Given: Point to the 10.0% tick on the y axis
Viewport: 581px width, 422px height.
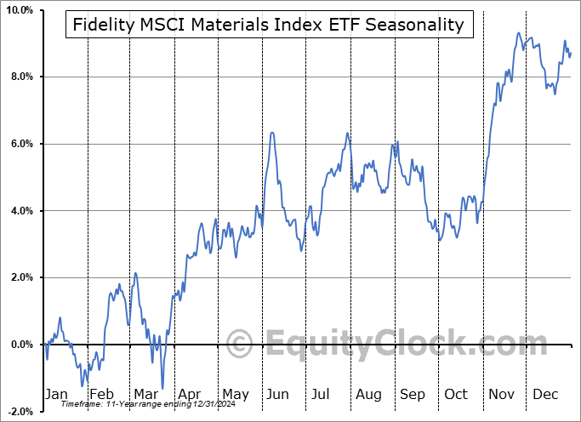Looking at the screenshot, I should (x=18, y=10).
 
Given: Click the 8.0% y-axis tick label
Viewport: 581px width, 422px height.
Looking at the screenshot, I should (x=20, y=77).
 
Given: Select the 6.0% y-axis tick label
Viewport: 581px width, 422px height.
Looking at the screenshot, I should (x=20, y=144).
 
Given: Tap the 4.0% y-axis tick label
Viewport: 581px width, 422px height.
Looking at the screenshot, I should (x=20, y=211).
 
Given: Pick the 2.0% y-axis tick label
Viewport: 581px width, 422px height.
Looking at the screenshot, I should (x=20, y=277).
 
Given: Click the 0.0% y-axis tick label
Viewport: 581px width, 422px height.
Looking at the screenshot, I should (x=20, y=345).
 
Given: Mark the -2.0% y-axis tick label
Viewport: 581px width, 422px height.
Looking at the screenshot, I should (x=19, y=411).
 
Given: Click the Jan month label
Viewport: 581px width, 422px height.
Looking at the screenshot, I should (x=55, y=394).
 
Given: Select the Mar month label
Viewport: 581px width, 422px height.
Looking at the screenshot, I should (x=144, y=394).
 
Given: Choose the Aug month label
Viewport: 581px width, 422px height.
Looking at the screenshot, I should (x=368, y=394).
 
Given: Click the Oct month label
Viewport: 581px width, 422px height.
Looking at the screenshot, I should (x=456, y=394).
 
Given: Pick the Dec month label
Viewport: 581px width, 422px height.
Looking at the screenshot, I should (x=545, y=394).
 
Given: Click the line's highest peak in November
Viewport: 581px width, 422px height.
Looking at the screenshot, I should (x=518, y=33).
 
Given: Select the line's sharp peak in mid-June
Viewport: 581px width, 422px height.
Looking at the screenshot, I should (x=271, y=133).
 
